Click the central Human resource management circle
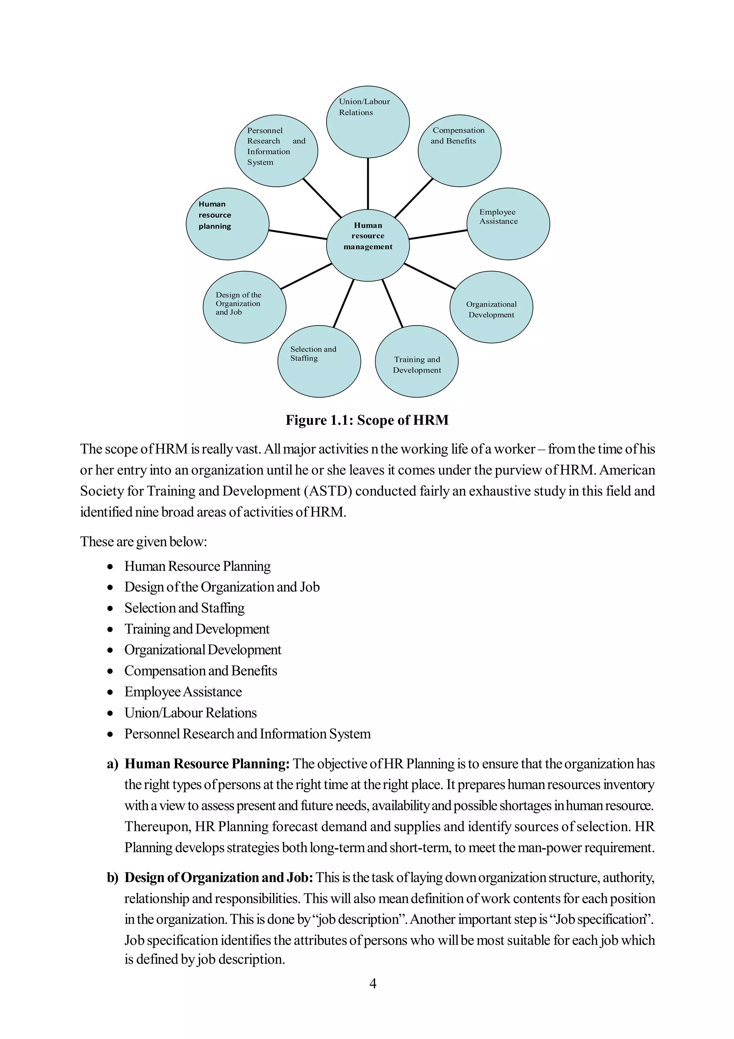coord(368,245)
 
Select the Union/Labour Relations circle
coord(368,122)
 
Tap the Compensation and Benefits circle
coord(459,150)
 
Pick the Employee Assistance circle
coord(508,224)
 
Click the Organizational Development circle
coord(491,307)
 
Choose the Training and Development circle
coord(416,361)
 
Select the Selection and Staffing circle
coord(319,361)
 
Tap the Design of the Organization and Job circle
coord(244,307)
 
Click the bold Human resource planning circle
coord(228,224)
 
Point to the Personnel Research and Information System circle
coord(276,150)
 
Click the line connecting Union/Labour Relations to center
coord(368,183)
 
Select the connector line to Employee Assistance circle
coord(438,234)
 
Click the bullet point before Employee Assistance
coord(110,692)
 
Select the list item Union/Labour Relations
coord(190,713)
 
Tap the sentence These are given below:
coord(143,541)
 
